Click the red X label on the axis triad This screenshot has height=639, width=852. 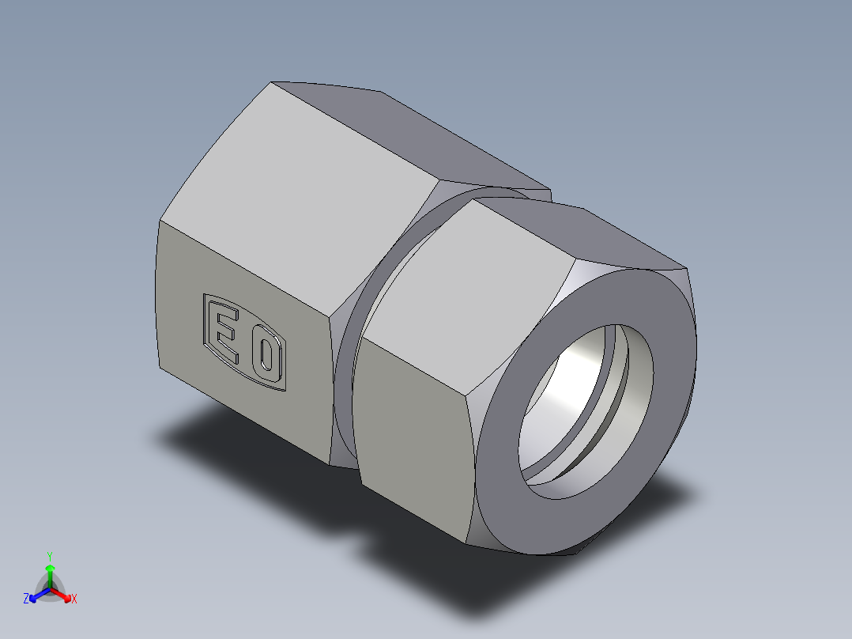pos(74,599)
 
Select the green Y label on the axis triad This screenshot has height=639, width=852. pos(50,555)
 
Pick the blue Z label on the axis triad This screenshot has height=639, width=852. pos(26,599)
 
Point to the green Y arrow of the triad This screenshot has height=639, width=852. pos(50,573)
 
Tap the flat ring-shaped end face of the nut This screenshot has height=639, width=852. pos(506,490)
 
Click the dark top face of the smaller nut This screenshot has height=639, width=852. pos(601,233)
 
